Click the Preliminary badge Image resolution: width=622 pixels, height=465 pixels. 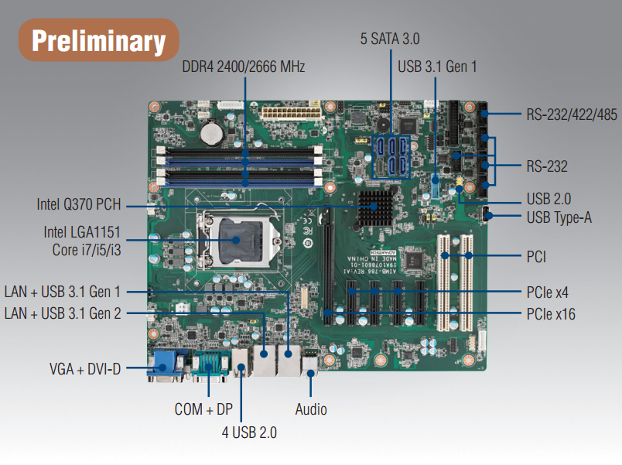click(99, 40)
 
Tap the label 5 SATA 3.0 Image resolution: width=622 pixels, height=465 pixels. click(390, 39)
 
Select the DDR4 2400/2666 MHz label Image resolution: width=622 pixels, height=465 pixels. click(244, 67)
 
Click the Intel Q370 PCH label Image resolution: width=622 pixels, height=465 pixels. click(79, 204)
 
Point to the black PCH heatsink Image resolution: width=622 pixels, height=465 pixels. click(375, 208)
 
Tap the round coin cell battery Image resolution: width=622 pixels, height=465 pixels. click(211, 132)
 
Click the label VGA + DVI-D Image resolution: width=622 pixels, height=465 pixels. click(85, 369)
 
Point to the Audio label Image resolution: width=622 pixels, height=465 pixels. click(311, 409)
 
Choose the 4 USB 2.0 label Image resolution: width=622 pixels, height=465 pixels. click(249, 433)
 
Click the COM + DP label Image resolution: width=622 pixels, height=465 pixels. click(203, 409)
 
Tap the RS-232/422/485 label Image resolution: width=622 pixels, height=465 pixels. click(572, 115)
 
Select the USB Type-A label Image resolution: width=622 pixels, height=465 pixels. click(559, 217)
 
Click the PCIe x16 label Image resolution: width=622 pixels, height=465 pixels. click(551, 314)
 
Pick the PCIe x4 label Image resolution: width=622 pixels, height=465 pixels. click(548, 292)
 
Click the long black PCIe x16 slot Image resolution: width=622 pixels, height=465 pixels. click(328, 266)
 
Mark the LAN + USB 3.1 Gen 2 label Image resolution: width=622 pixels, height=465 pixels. click(63, 313)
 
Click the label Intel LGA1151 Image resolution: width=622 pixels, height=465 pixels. click(82, 232)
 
